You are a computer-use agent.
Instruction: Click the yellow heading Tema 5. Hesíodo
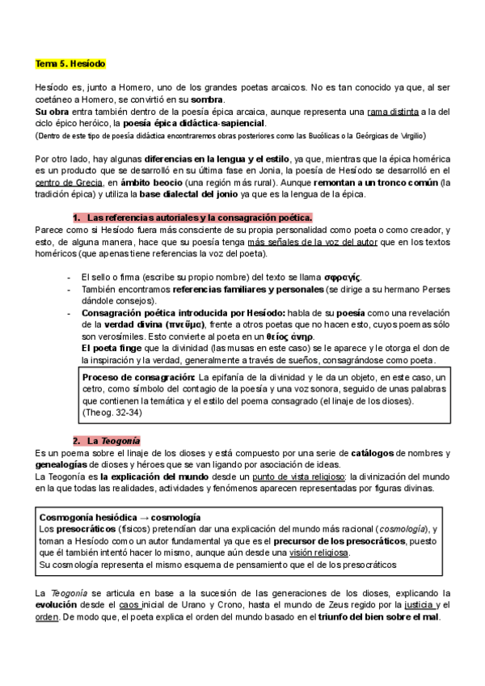[70, 63]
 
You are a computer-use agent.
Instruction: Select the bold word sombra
[208, 97]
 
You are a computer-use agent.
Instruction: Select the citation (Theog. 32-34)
[113, 412]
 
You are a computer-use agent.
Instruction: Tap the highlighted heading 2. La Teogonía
[107, 441]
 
